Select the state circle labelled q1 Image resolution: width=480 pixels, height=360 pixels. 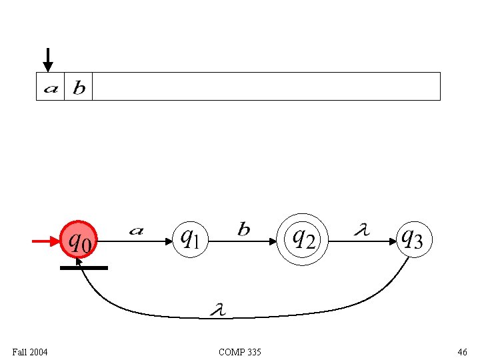click(x=191, y=239)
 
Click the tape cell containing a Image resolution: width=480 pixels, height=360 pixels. click(x=50, y=87)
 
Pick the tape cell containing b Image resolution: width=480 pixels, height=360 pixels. click(x=79, y=87)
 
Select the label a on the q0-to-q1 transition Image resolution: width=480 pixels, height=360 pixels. click(x=136, y=231)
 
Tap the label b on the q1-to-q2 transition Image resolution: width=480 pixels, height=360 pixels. click(x=244, y=230)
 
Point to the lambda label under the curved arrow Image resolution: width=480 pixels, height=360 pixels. click(x=217, y=309)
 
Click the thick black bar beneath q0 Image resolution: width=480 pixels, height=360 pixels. click(x=83, y=268)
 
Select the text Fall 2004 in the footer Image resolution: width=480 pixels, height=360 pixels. click(x=30, y=351)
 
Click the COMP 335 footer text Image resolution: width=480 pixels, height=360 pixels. click(x=240, y=351)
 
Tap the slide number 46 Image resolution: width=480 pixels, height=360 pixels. click(x=462, y=351)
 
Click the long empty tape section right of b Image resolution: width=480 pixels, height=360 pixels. click(x=267, y=87)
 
